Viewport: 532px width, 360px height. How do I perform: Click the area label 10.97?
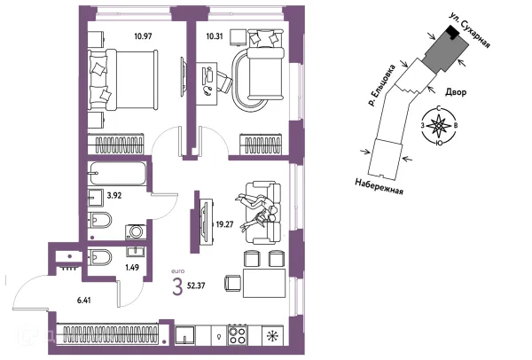point(143,36)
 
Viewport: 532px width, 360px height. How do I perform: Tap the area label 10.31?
point(215,35)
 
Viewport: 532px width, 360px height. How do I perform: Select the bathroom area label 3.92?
point(114,195)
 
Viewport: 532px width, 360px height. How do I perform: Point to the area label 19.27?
point(224,224)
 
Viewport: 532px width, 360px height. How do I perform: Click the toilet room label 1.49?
point(132,268)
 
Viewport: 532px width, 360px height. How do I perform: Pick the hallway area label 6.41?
point(84,301)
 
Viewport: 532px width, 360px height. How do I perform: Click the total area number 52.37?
point(196,286)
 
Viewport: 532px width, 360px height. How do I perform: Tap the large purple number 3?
point(177,286)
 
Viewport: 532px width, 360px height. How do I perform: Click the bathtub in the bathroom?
point(117,174)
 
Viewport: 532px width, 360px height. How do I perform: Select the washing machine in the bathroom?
point(136,231)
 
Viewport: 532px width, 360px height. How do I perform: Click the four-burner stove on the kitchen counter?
point(237,335)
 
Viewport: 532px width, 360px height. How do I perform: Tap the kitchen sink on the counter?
point(185,335)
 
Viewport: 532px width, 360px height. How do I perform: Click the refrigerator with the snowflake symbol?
point(272,335)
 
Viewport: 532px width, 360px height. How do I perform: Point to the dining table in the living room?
point(264,284)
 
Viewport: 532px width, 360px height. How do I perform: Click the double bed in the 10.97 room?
point(123,80)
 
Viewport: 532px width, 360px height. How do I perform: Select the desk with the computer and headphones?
point(207,84)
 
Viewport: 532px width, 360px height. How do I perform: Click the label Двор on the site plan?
point(456,92)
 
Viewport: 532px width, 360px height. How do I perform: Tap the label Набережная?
point(379,186)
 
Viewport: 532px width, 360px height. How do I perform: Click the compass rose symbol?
point(439,126)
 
